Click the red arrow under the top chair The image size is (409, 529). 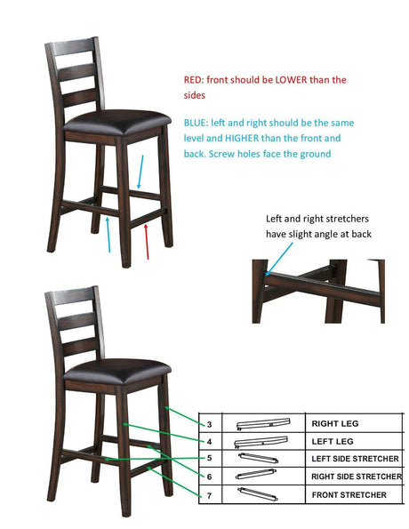(147, 242)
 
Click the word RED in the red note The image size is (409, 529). (193, 80)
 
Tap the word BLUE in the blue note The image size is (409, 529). (196, 123)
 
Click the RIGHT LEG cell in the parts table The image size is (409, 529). (335, 424)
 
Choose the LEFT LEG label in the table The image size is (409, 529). (333, 441)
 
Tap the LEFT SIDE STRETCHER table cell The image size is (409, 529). (355, 459)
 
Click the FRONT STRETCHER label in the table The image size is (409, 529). (349, 495)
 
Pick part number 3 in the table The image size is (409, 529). (209, 424)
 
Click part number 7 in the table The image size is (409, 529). (209, 495)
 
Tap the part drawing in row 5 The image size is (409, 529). (258, 458)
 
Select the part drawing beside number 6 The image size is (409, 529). (256, 474)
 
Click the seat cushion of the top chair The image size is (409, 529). (117, 122)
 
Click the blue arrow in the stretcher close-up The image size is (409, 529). (279, 259)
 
